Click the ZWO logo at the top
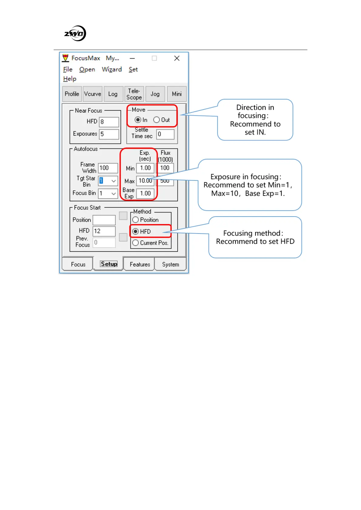coord(75,33)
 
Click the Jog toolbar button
coord(155,94)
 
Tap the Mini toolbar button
coord(177,94)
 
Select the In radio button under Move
coord(138,120)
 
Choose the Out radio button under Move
coord(156,120)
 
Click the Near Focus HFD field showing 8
coord(109,122)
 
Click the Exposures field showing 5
coord(109,134)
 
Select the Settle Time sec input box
coord(165,134)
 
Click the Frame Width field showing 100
coord(108,168)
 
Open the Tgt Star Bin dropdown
coord(113,181)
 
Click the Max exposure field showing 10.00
coord(145,181)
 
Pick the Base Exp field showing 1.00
coord(145,194)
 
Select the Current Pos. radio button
coord(135,243)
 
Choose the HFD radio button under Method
coord(135,232)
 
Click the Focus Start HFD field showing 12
coord(104,231)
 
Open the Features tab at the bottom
coord(140,264)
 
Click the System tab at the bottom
coord(170,264)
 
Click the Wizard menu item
coord(112,70)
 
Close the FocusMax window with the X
coord(177,58)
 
